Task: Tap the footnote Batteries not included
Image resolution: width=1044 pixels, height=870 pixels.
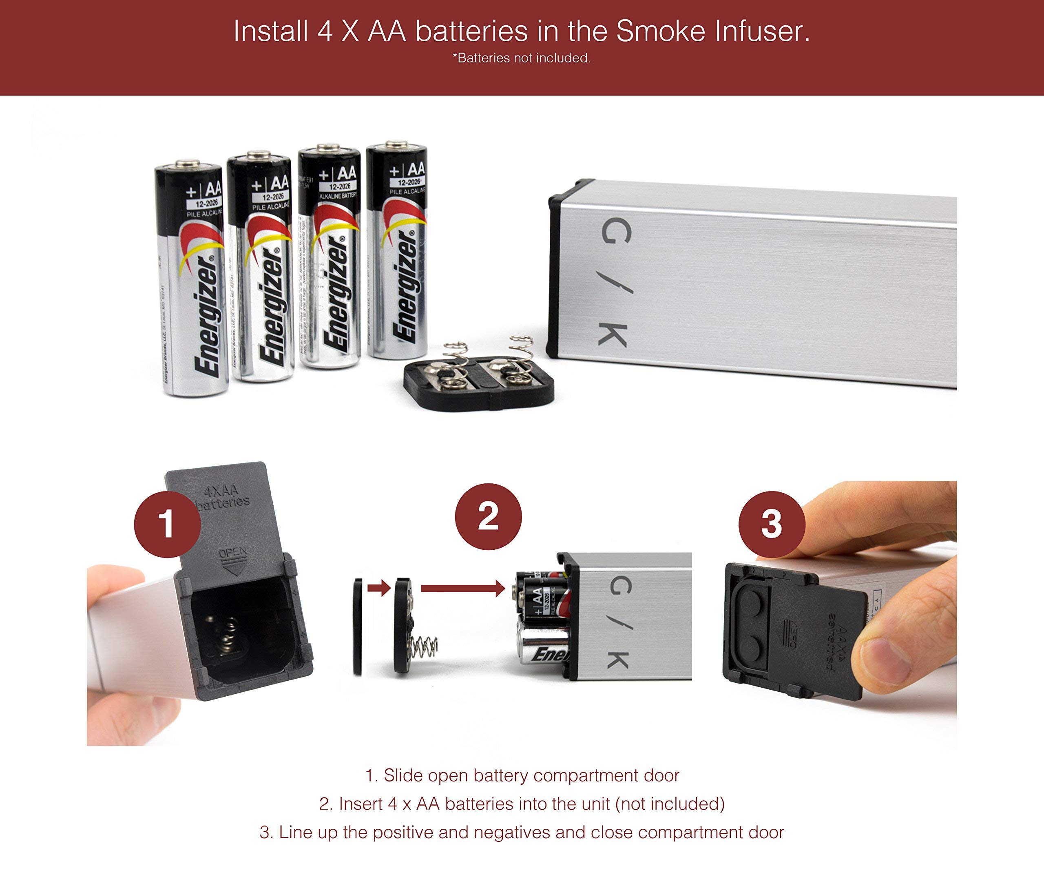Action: [522, 58]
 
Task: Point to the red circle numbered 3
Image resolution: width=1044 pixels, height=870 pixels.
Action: [771, 524]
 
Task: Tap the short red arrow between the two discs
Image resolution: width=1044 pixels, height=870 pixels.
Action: [379, 589]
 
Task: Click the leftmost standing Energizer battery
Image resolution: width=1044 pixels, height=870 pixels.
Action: [191, 279]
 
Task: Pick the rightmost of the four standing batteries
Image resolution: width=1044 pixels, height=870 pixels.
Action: [397, 248]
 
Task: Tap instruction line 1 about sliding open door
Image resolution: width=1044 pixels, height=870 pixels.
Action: [522, 775]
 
